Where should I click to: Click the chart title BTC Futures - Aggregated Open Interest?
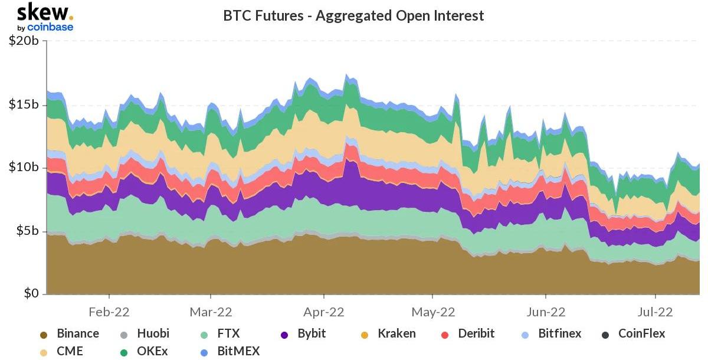coord(353,15)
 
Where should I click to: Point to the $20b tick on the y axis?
coord(24,42)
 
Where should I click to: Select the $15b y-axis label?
coord(24,105)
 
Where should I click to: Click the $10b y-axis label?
coord(24,168)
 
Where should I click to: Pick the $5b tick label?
coord(27,231)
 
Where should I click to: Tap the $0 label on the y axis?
coord(31,293)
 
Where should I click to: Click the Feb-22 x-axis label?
coord(109,311)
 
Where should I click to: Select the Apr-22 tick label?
coord(323,311)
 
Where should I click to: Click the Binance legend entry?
coord(77,333)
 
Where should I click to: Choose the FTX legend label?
coord(227,333)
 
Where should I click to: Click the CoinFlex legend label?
coord(641,333)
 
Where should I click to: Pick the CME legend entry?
coord(70,352)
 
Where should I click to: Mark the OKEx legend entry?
coord(152,352)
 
